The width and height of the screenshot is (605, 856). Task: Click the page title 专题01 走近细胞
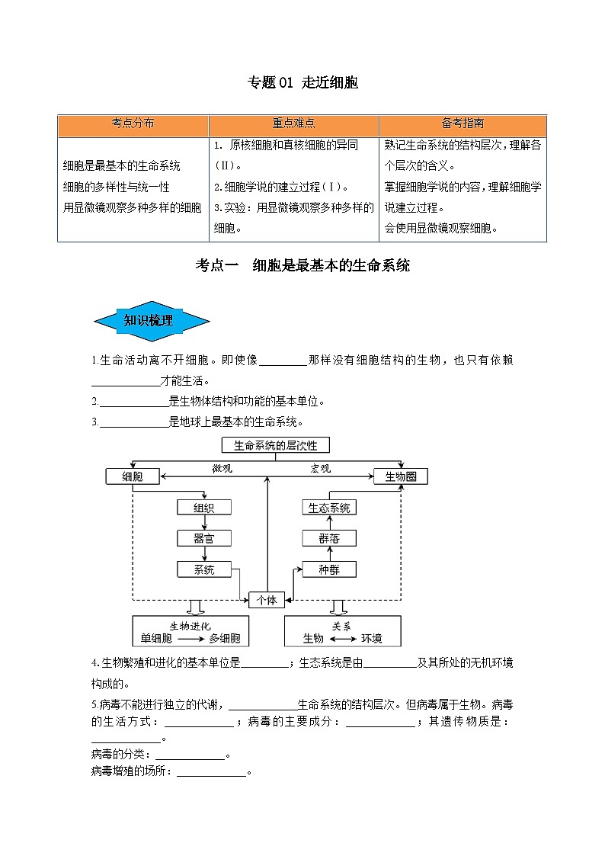[x=302, y=83]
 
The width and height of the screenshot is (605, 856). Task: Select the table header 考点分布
[x=133, y=124]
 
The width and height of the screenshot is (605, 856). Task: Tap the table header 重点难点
[x=293, y=124]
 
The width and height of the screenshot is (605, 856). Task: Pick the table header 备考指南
[x=463, y=124]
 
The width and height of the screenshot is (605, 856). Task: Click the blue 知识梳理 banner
[x=151, y=321]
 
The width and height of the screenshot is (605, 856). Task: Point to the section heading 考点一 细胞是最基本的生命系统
[x=302, y=265]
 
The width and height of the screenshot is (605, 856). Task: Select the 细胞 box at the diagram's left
[x=133, y=476]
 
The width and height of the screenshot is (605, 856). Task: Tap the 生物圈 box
[x=401, y=476]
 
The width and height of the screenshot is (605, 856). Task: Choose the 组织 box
[x=204, y=508]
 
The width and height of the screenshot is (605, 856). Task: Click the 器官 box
[x=204, y=538]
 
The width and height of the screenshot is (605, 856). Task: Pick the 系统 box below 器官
[x=204, y=569]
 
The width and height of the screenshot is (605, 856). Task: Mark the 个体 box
[x=267, y=600]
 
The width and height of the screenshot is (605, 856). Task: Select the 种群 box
[x=329, y=569]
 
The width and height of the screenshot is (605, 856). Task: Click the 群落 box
[x=329, y=538]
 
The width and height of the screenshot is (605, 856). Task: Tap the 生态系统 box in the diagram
[x=329, y=508]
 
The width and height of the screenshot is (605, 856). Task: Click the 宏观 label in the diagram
[x=320, y=469]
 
